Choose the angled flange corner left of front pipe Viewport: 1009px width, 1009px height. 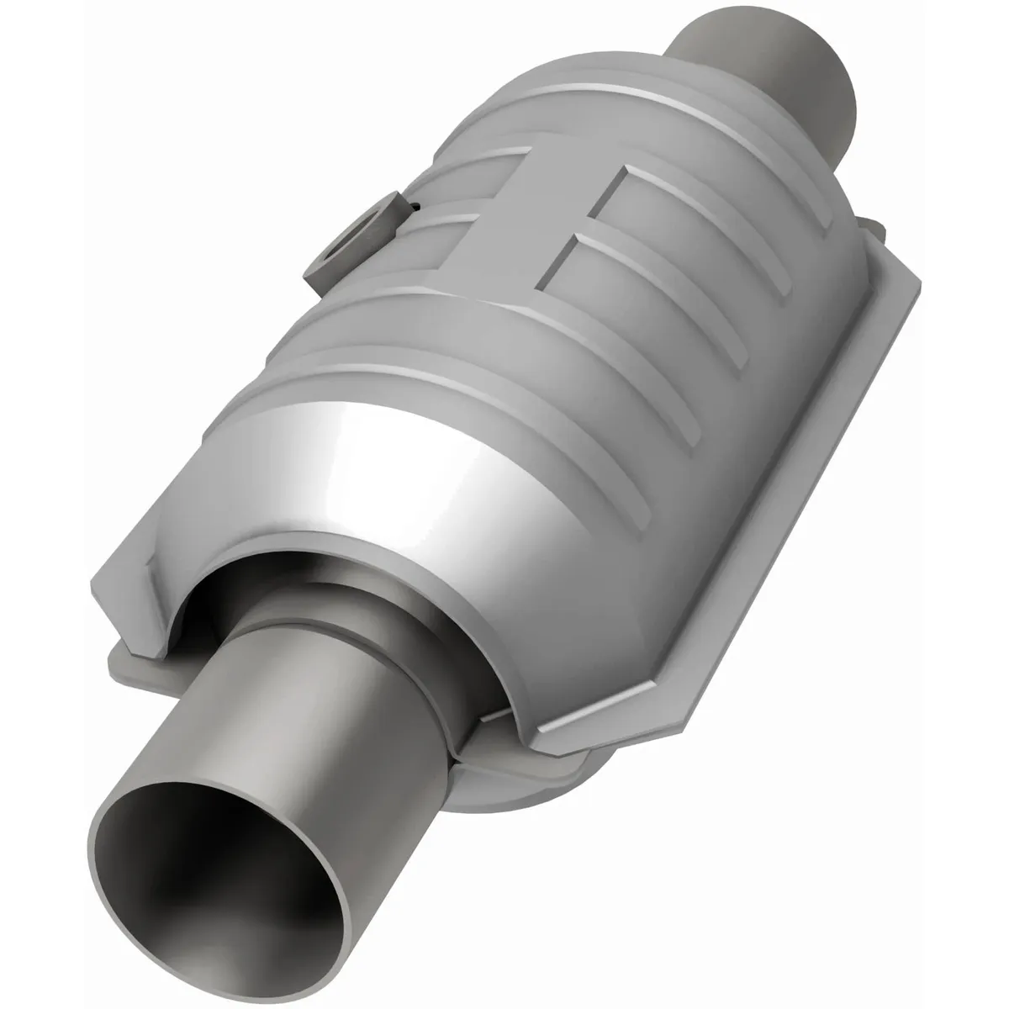pyautogui.click(x=126, y=589)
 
